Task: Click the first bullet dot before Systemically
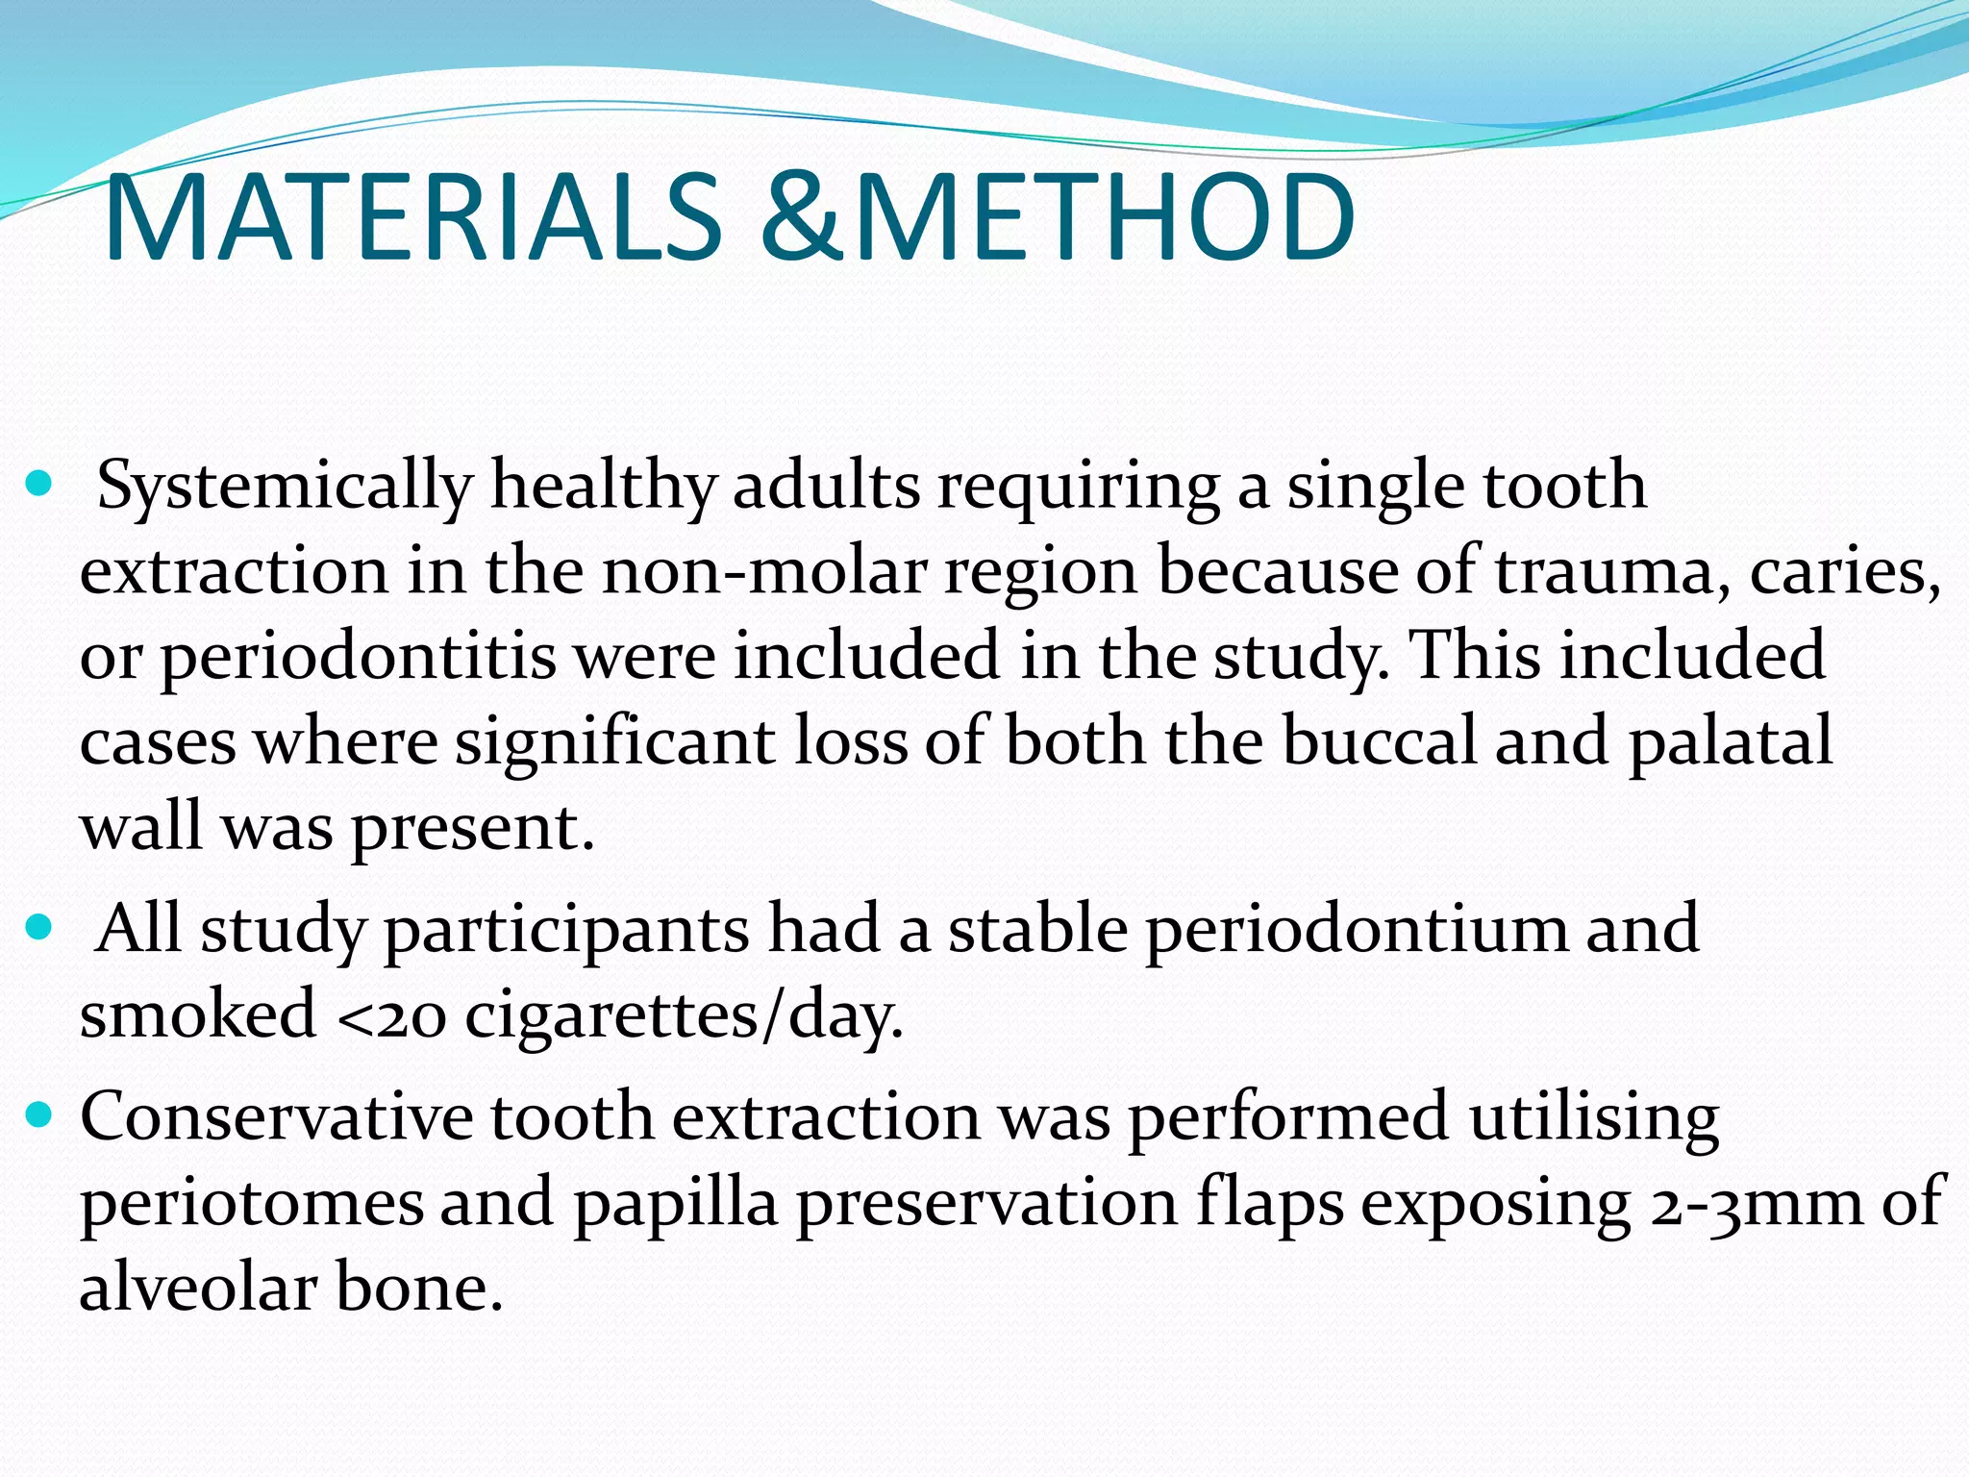point(38,484)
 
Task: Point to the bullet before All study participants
point(38,928)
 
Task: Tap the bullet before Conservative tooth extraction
point(38,1115)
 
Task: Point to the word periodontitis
point(359,657)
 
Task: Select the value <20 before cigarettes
point(393,1016)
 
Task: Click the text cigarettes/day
point(684,1016)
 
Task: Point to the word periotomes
point(251,1203)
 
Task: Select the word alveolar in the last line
point(198,1288)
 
